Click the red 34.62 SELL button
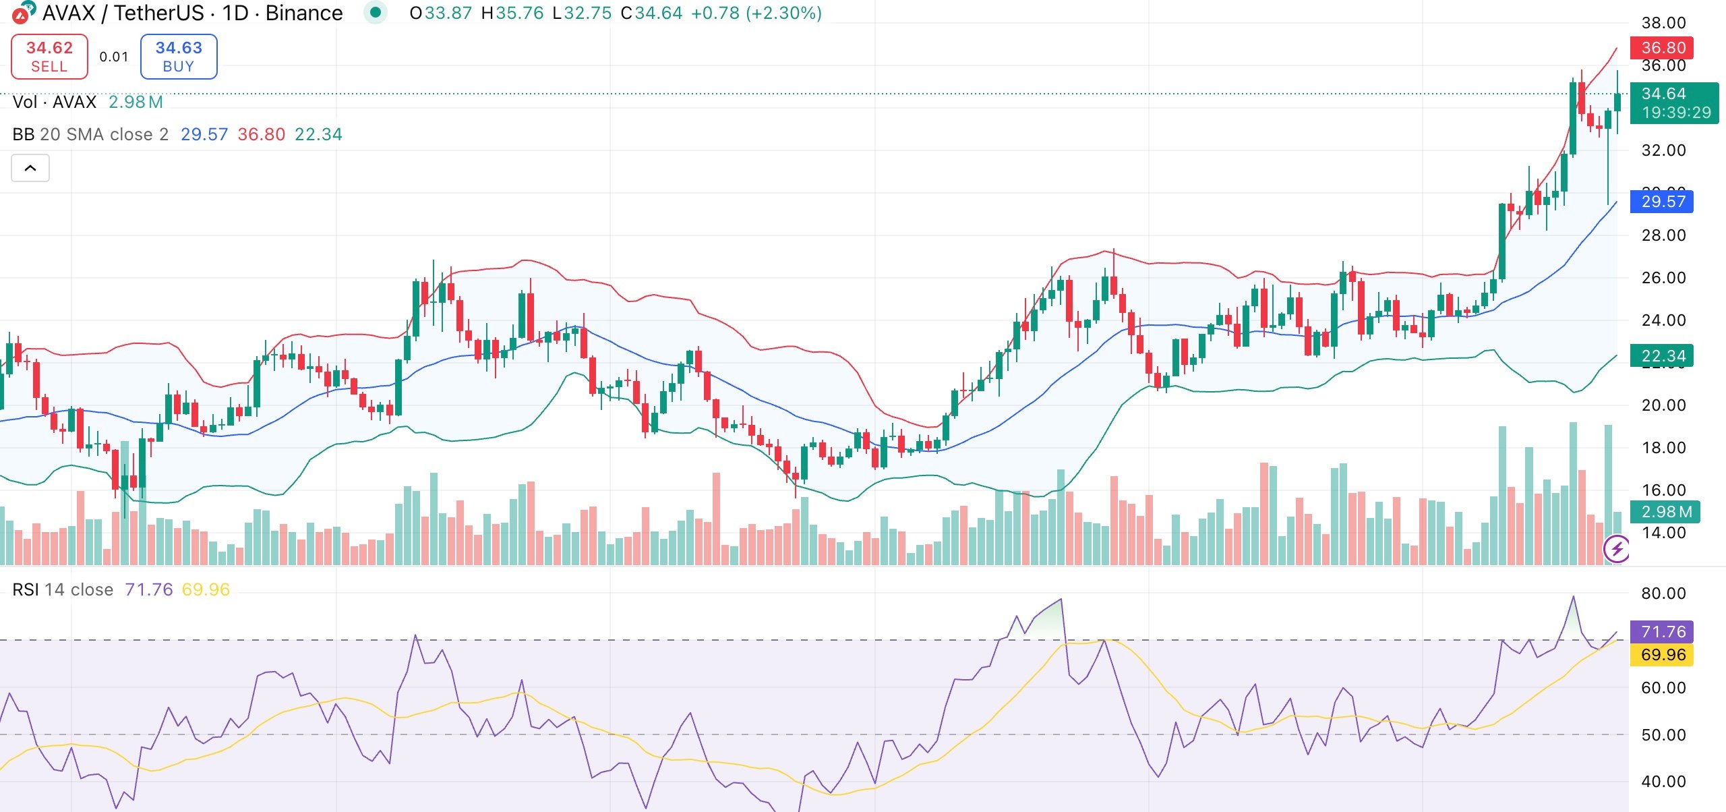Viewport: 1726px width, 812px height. pos(49,57)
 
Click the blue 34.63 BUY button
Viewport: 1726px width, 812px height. pos(179,57)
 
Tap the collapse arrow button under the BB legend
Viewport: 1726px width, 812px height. pos(30,168)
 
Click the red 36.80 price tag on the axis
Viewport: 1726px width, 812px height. pos(1662,48)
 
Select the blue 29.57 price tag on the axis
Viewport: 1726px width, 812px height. pos(1662,202)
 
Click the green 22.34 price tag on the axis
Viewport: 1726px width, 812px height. pos(1662,355)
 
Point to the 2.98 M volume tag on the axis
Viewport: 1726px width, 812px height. pos(1665,512)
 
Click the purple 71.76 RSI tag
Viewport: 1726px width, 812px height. pos(1662,632)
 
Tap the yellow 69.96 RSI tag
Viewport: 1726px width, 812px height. pos(1662,655)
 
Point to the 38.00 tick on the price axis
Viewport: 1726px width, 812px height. pos(1663,23)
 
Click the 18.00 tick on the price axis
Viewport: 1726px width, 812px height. pos(1663,448)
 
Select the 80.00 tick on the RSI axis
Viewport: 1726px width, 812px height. pos(1663,593)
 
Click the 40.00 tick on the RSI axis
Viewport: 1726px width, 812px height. pos(1663,782)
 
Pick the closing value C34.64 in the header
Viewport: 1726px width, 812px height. pos(651,13)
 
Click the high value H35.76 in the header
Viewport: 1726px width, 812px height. pos(512,13)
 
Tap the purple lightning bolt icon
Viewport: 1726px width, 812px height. pos(1617,549)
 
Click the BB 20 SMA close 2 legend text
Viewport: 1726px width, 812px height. pos(90,134)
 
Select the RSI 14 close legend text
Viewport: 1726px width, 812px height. pos(63,589)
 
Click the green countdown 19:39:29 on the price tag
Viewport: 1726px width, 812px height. pos(1676,113)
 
